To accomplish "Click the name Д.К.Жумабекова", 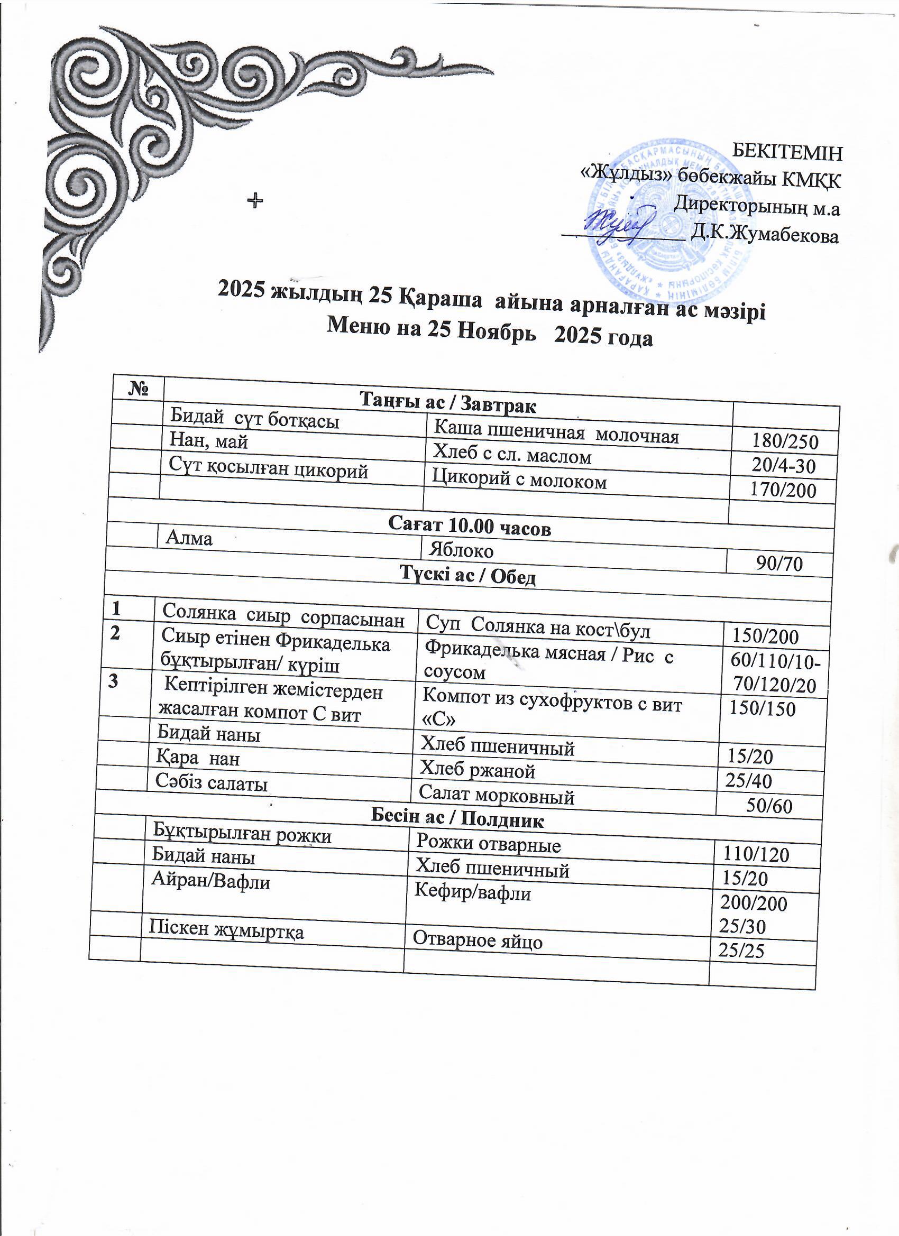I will click(764, 235).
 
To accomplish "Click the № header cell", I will click(139, 388).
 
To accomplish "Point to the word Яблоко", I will click(461, 550).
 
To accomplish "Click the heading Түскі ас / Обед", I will click(468, 575).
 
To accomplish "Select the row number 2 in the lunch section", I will click(116, 633).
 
